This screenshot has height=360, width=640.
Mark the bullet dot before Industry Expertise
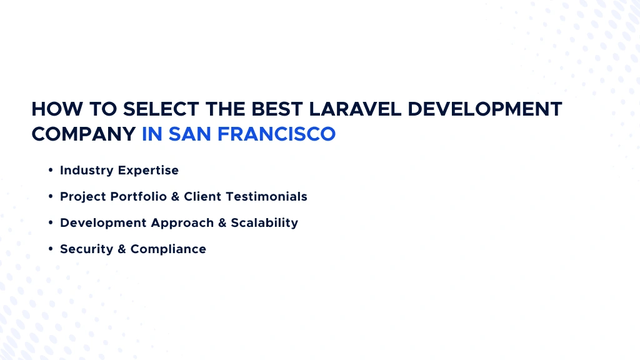click(x=50, y=170)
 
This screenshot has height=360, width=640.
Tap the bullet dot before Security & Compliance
click(x=50, y=249)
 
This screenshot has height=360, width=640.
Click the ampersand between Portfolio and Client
click(x=175, y=196)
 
